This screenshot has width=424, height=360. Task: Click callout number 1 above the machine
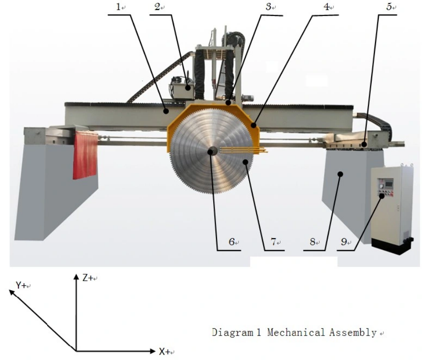[x=119, y=8]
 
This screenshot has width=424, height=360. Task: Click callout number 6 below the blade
[x=232, y=243]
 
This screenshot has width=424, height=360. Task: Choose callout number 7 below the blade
[x=273, y=243]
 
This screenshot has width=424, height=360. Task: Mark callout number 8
[x=312, y=243]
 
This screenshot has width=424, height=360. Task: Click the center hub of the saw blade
[x=212, y=151]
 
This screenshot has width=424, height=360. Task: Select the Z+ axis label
[x=88, y=278]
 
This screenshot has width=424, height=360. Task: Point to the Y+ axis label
[x=22, y=285]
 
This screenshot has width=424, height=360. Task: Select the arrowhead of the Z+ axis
[x=76, y=276]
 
